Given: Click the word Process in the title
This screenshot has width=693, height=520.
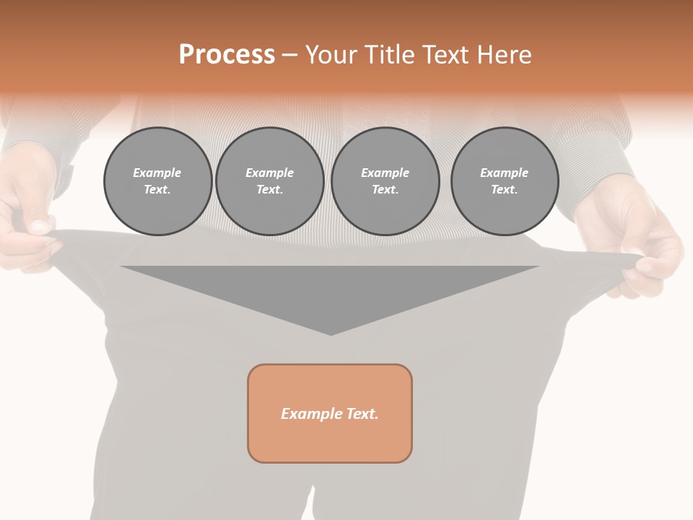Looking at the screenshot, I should (227, 55).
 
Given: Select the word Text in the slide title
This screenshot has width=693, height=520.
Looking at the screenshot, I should (444, 55).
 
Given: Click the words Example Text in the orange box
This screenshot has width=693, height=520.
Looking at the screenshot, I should (330, 414).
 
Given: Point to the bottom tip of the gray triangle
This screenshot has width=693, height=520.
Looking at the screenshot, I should (331, 334).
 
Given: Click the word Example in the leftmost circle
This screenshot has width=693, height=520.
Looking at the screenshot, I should (157, 173).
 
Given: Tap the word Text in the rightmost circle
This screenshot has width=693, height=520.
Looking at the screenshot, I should (504, 189).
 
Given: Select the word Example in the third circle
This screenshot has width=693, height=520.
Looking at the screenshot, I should (385, 173).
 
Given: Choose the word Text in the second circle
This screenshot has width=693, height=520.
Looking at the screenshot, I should (269, 189).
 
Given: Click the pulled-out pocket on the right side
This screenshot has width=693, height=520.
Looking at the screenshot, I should (592, 271).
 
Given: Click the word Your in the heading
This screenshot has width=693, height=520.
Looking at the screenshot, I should (333, 55).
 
